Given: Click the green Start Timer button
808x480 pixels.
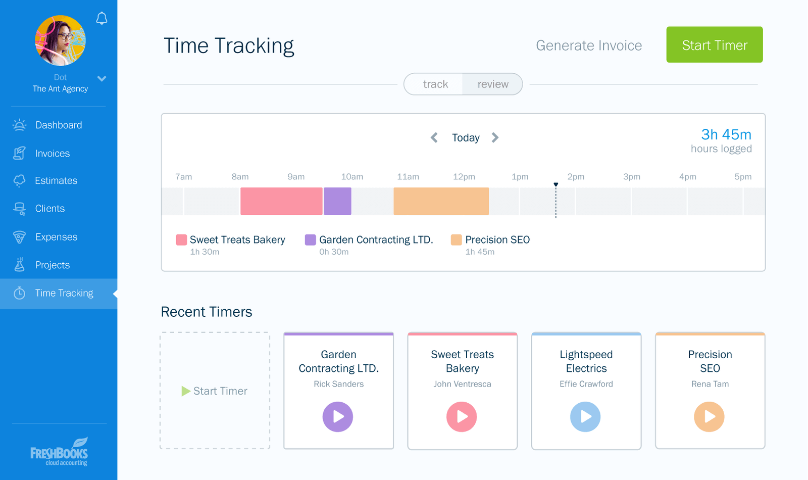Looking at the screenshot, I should [x=714, y=45].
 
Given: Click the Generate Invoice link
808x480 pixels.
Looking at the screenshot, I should [x=588, y=45].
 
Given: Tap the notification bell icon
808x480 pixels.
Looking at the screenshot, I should [x=102, y=19].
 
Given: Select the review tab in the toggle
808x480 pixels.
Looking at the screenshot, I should [x=492, y=84].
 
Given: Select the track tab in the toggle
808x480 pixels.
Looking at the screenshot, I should [x=435, y=84].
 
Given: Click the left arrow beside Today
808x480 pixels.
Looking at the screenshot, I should [x=434, y=137].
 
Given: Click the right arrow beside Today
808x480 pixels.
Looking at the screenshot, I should [x=495, y=137].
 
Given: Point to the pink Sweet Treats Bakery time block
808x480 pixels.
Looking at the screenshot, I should [x=281, y=201].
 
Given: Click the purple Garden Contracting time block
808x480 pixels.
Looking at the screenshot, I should [x=337, y=201].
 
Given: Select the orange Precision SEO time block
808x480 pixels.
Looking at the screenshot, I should [x=441, y=201].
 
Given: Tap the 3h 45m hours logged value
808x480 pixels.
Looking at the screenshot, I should [x=726, y=134].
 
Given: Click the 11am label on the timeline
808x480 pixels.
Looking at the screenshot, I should [x=408, y=177].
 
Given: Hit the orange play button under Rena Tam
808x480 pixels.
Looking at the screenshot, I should [x=709, y=416].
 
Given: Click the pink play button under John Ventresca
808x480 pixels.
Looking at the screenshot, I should [x=462, y=416].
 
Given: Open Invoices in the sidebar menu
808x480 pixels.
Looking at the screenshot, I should [x=52, y=154].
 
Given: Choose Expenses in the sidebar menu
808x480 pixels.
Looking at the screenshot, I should [x=56, y=237].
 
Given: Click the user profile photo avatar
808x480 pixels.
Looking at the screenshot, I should [x=60, y=40].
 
